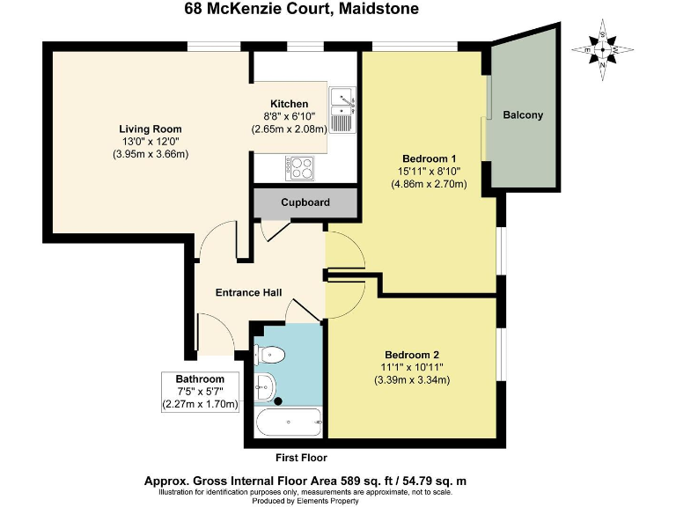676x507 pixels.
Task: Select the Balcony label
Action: (x=523, y=115)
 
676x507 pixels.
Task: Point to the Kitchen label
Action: (x=290, y=103)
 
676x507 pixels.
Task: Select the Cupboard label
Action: (x=305, y=202)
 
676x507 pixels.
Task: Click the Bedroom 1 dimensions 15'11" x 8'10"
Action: (x=428, y=171)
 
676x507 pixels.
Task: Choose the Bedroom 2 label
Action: (x=410, y=354)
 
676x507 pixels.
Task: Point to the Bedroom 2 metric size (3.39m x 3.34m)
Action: (x=410, y=380)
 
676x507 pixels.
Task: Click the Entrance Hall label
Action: (x=249, y=292)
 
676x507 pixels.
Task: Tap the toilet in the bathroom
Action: (x=272, y=355)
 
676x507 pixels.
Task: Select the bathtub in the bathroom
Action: (x=286, y=423)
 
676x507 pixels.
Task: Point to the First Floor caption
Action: (x=300, y=458)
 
